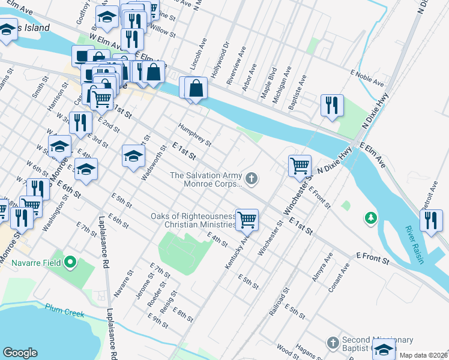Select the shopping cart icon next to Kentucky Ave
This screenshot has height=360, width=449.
(247, 220)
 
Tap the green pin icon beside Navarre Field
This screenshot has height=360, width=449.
(70, 262)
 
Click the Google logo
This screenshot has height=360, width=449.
(20, 353)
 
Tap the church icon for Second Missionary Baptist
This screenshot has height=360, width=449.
(333, 343)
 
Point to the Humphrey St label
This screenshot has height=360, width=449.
(194, 134)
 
